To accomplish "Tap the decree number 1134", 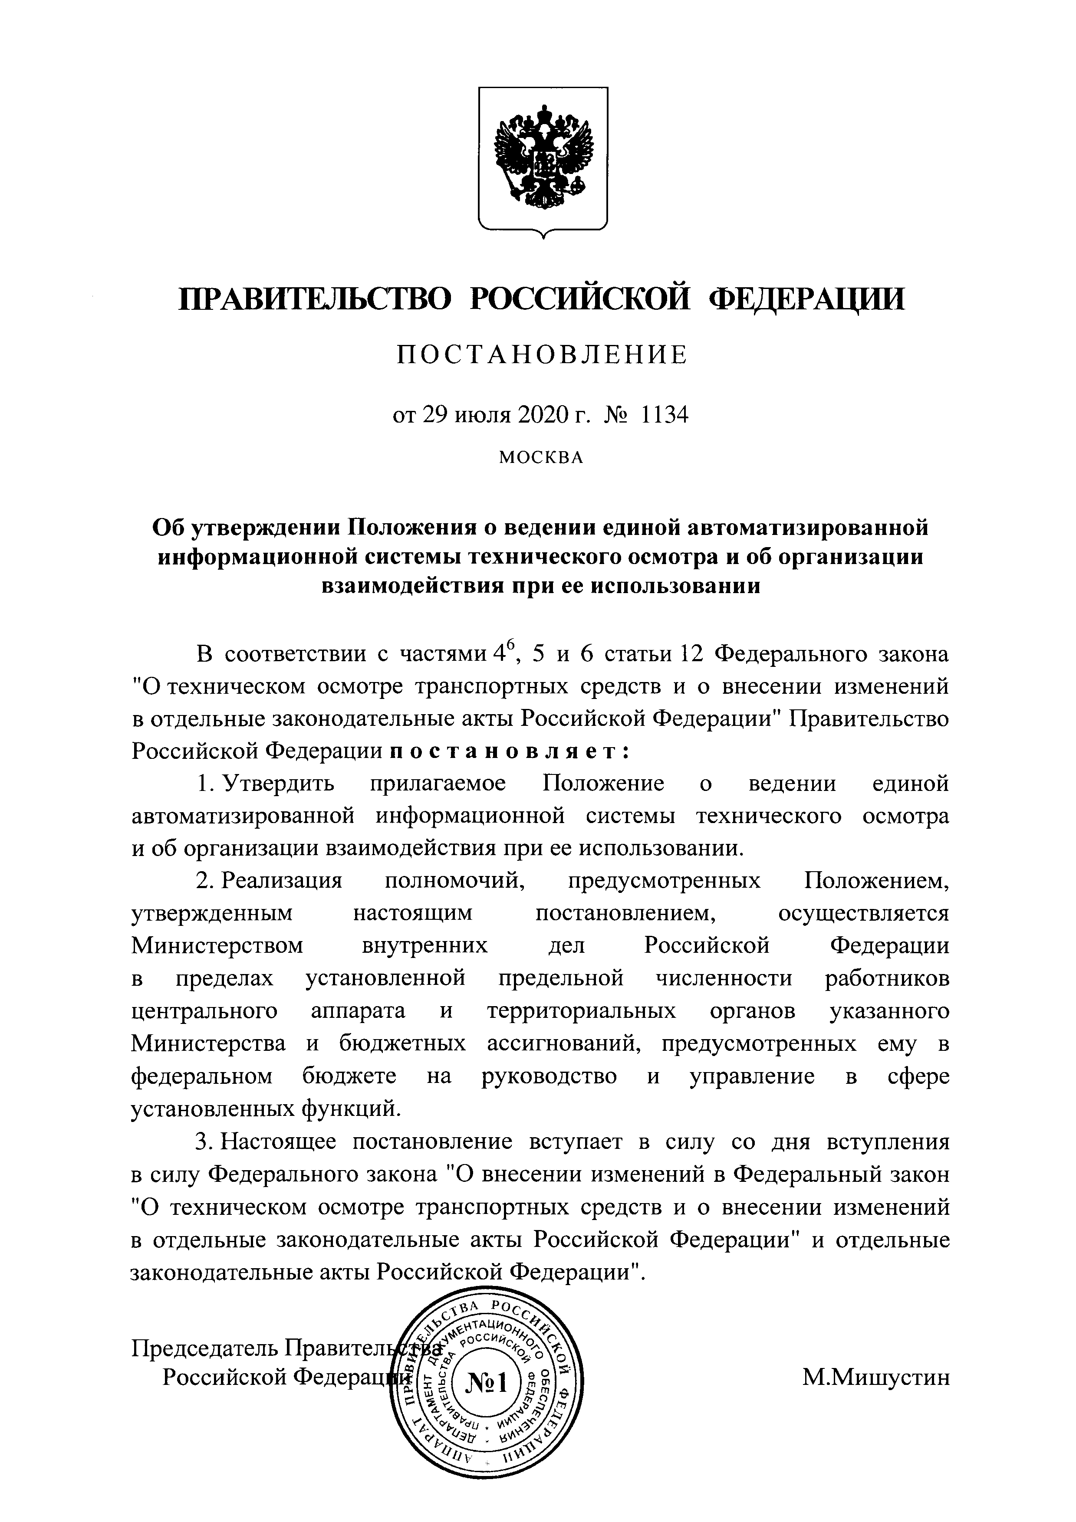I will tap(661, 416).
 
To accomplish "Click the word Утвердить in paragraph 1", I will tap(279, 784).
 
